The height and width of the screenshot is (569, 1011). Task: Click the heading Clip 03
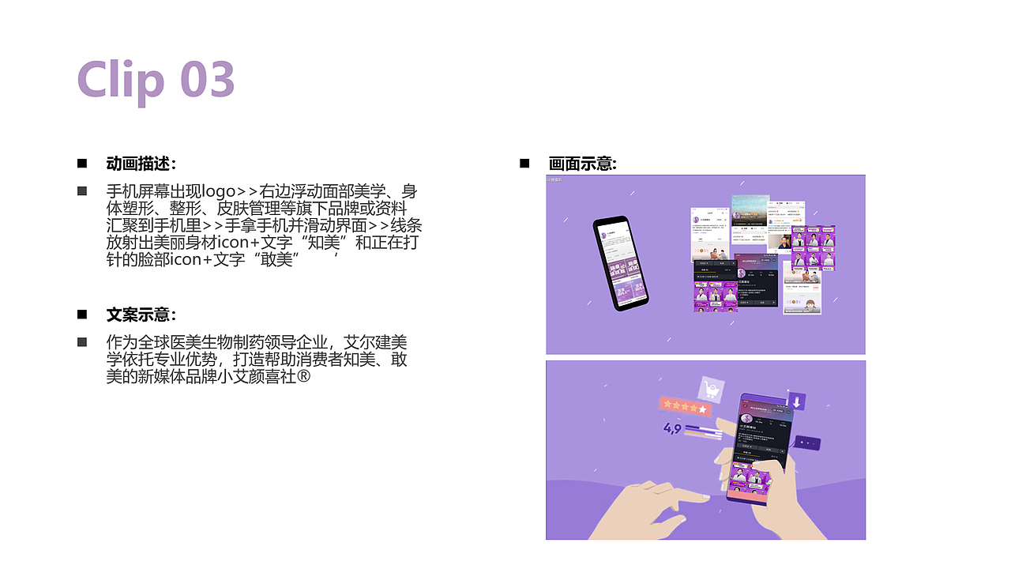coord(156,79)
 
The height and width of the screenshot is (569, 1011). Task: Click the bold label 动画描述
coord(138,164)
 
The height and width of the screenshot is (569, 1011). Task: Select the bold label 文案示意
coord(138,315)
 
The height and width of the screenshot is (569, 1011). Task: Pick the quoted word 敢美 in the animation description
coord(276,260)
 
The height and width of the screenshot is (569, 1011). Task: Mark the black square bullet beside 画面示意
coord(524,163)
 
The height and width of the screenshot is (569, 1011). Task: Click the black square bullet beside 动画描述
coord(81,163)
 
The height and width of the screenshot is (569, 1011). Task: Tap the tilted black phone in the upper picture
coord(622,262)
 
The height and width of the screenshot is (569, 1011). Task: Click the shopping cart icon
coord(711,389)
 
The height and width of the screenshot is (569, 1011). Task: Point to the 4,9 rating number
coord(672,429)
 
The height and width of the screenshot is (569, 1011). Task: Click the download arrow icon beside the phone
coord(797,401)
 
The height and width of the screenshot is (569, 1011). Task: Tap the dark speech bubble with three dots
coord(806,443)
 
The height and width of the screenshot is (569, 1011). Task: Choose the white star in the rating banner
coord(702,409)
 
